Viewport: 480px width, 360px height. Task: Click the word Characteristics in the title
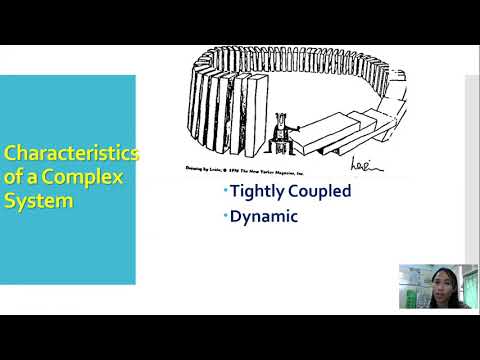(71, 154)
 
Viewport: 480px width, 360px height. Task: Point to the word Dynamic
(264, 215)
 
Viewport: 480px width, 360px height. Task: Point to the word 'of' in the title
(14, 177)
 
